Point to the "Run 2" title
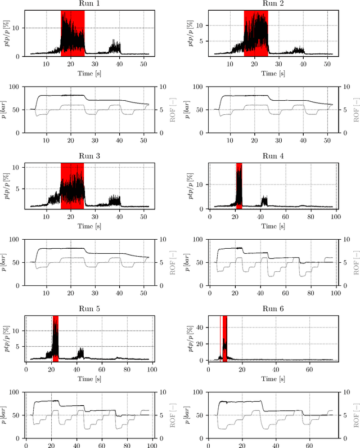click(x=273, y=5)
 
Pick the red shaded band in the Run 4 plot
click(x=239, y=186)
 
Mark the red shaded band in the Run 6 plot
click(x=224, y=338)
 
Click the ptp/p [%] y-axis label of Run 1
click(x=6, y=34)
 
